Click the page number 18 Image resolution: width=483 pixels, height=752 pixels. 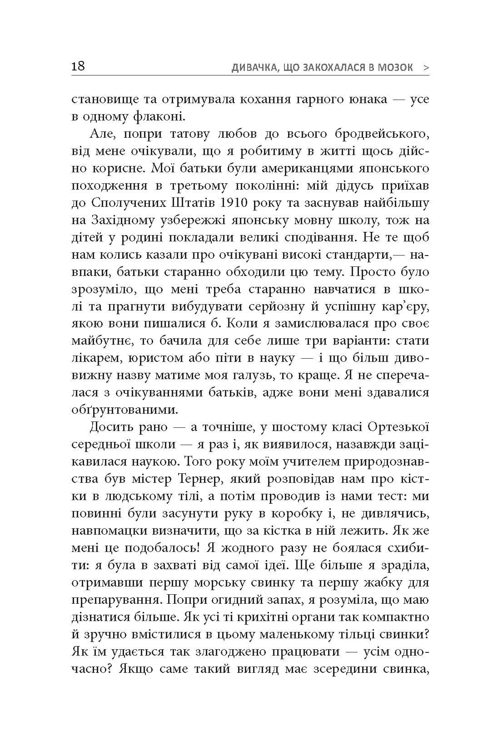coord(78,66)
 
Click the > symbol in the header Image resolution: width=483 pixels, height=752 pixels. coord(425,68)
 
